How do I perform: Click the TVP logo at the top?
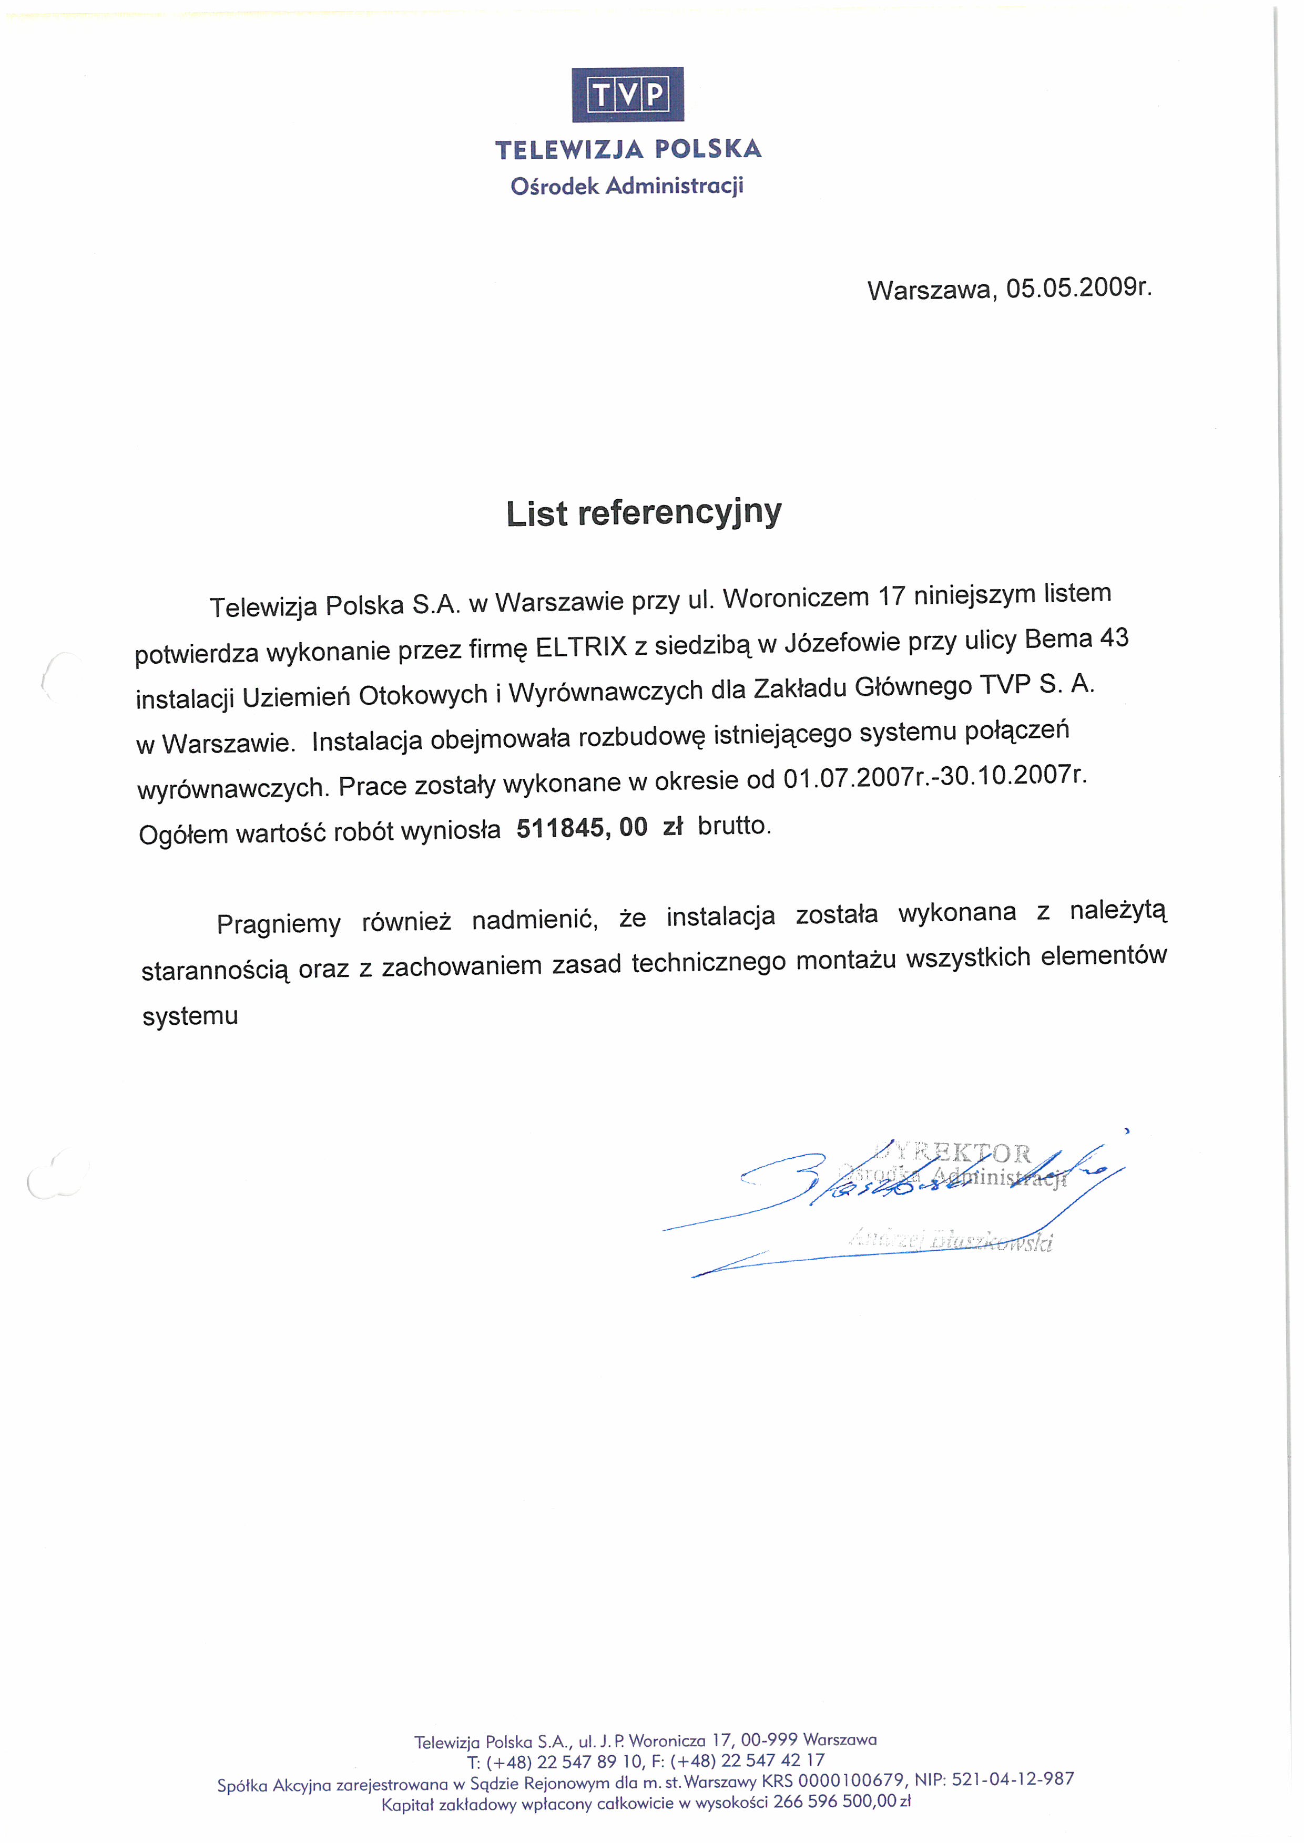[x=627, y=95]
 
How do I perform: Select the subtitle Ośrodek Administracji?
[x=627, y=186]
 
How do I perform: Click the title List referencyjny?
[x=643, y=513]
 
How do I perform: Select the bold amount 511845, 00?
[x=582, y=828]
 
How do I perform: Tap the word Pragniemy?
[x=279, y=924]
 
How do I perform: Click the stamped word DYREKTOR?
[x=955, y=1152]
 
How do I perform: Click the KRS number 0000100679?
[x=851, y=1779]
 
